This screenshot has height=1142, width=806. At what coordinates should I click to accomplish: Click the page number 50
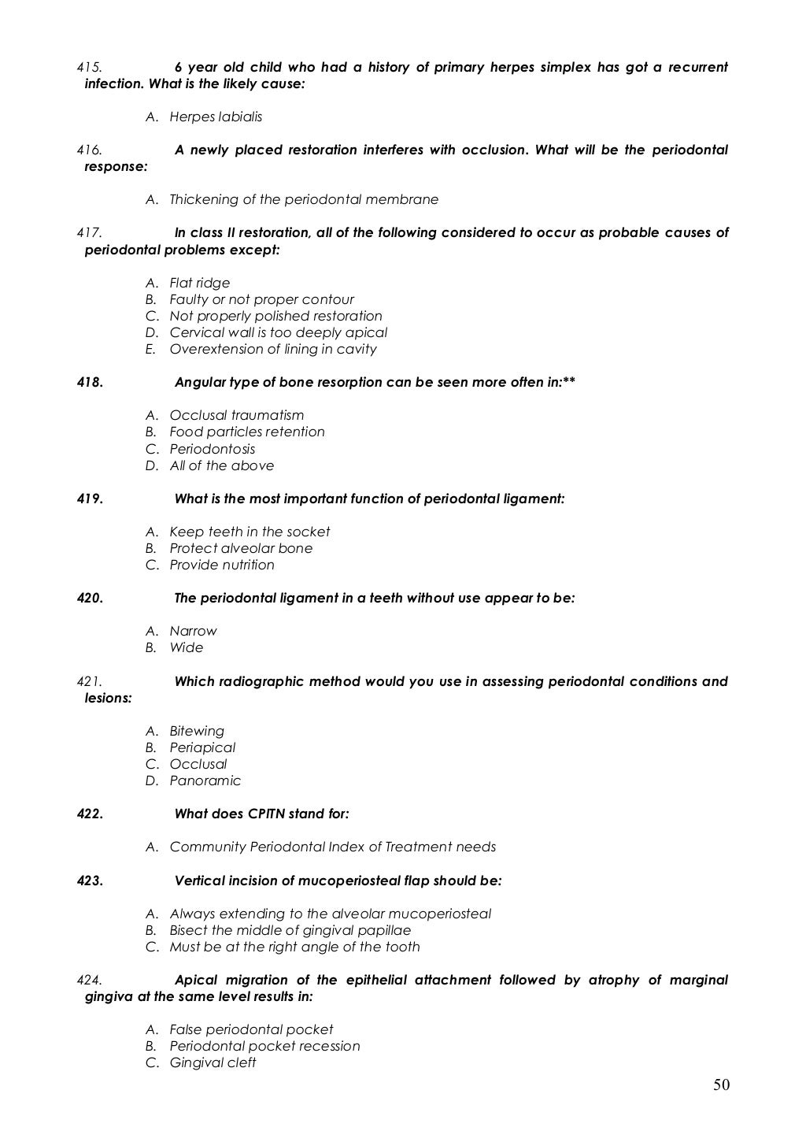point(721,1085)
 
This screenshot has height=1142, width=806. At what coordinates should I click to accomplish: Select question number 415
point(87,67)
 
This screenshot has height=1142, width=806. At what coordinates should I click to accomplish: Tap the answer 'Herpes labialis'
point(216,117)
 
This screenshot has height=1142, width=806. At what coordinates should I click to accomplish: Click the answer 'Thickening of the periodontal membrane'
point(304,199)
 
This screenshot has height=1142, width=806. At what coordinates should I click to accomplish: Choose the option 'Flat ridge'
point(200,283)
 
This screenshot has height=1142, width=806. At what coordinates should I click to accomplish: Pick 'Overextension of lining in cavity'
point(273,349)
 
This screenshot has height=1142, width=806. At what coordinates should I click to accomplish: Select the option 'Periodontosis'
point(213,449)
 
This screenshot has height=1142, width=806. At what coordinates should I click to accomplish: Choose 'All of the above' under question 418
point(222,465)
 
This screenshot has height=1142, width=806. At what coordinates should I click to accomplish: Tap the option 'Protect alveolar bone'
point(241,548)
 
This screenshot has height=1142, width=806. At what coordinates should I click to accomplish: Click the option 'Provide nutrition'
point(222,565)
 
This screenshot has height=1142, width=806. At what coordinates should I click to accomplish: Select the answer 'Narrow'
point(193,631)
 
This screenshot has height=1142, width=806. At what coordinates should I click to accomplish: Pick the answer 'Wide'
point(187,647)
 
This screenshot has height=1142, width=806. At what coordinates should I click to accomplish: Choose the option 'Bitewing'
point(197,731)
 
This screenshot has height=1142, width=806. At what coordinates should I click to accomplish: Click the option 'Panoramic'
point(205,780)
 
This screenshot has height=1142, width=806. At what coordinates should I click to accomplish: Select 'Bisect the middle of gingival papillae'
point(290,930)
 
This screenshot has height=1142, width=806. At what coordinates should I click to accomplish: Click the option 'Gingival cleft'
point(213,1062)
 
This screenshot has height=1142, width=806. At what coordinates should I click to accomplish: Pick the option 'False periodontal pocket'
point(251,1029)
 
